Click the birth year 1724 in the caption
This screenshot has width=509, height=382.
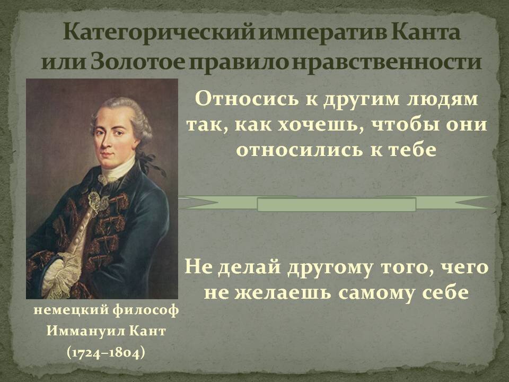point(86,352)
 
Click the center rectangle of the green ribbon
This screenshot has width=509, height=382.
point(336,204)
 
